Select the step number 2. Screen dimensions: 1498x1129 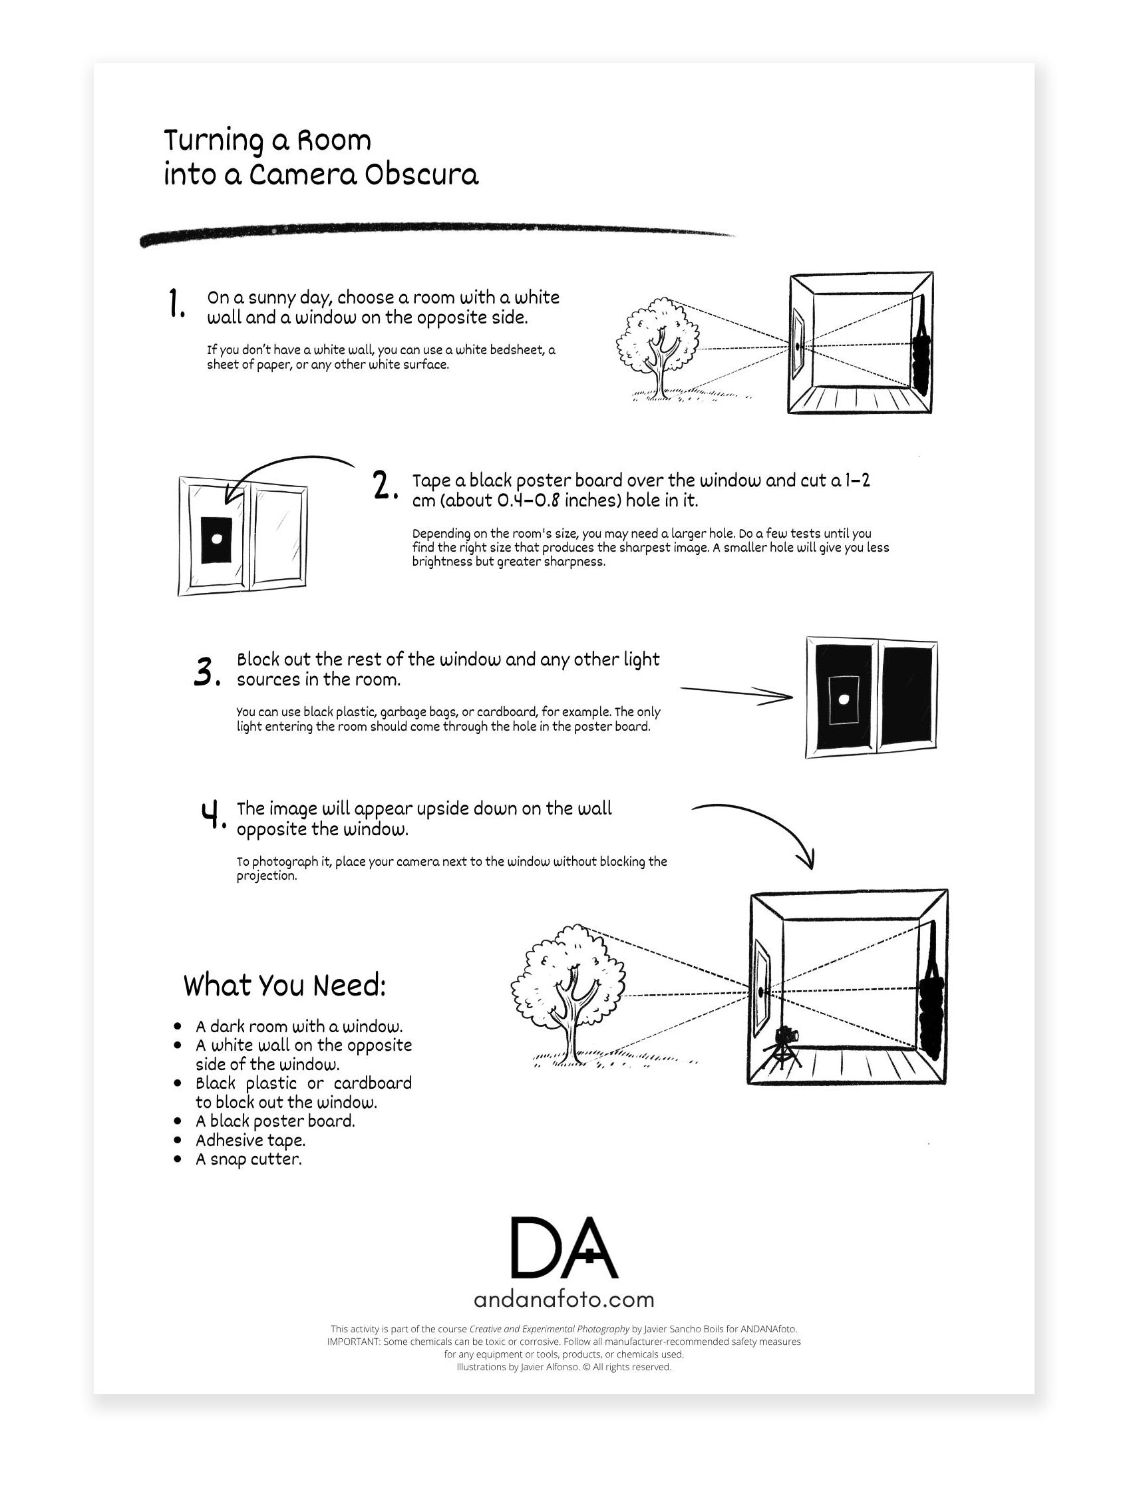point(385,486)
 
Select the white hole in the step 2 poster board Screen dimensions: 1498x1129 point(217,539)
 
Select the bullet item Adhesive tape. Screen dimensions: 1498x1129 point(250,1141)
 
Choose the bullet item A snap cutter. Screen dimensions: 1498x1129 point(248,1159)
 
